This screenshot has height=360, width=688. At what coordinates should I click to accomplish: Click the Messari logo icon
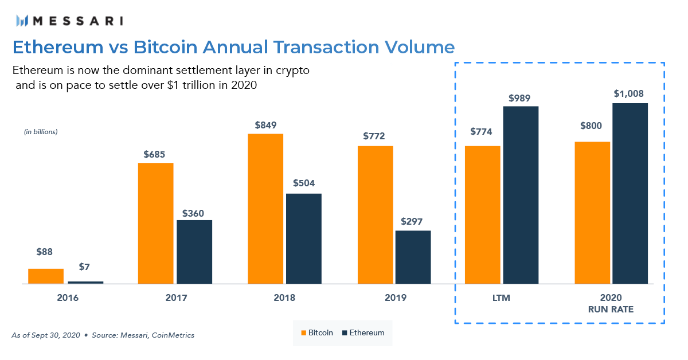(x=22, y=21)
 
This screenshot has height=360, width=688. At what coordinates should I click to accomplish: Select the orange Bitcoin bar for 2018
(x=265, y=209)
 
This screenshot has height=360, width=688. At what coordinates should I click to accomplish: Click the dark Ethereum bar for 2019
(x=413, y=257)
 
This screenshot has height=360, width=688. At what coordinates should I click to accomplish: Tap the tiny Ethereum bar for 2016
(x=85, y=282)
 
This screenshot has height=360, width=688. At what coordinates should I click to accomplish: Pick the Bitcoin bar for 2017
(x=155, y=223)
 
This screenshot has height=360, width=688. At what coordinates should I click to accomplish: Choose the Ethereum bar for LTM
(x=521, y=195)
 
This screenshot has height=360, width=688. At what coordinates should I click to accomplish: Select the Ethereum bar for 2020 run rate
(x=630, y=193)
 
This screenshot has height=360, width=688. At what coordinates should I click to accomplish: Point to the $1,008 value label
(x=630, y=93)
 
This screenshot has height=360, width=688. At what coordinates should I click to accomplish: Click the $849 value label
(x=265, y=124)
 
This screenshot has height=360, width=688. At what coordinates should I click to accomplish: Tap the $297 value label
(x=413, y=221)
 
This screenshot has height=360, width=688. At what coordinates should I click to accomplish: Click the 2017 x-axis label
(x=175, y=298)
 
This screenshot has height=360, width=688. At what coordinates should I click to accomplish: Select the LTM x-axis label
(x=501, y=298)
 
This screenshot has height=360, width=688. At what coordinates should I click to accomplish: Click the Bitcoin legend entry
(x=316, y=332)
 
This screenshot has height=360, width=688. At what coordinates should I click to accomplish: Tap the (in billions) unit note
(x=41, y=132)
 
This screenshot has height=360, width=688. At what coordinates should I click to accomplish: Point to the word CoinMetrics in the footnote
(x=173, y=335)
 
